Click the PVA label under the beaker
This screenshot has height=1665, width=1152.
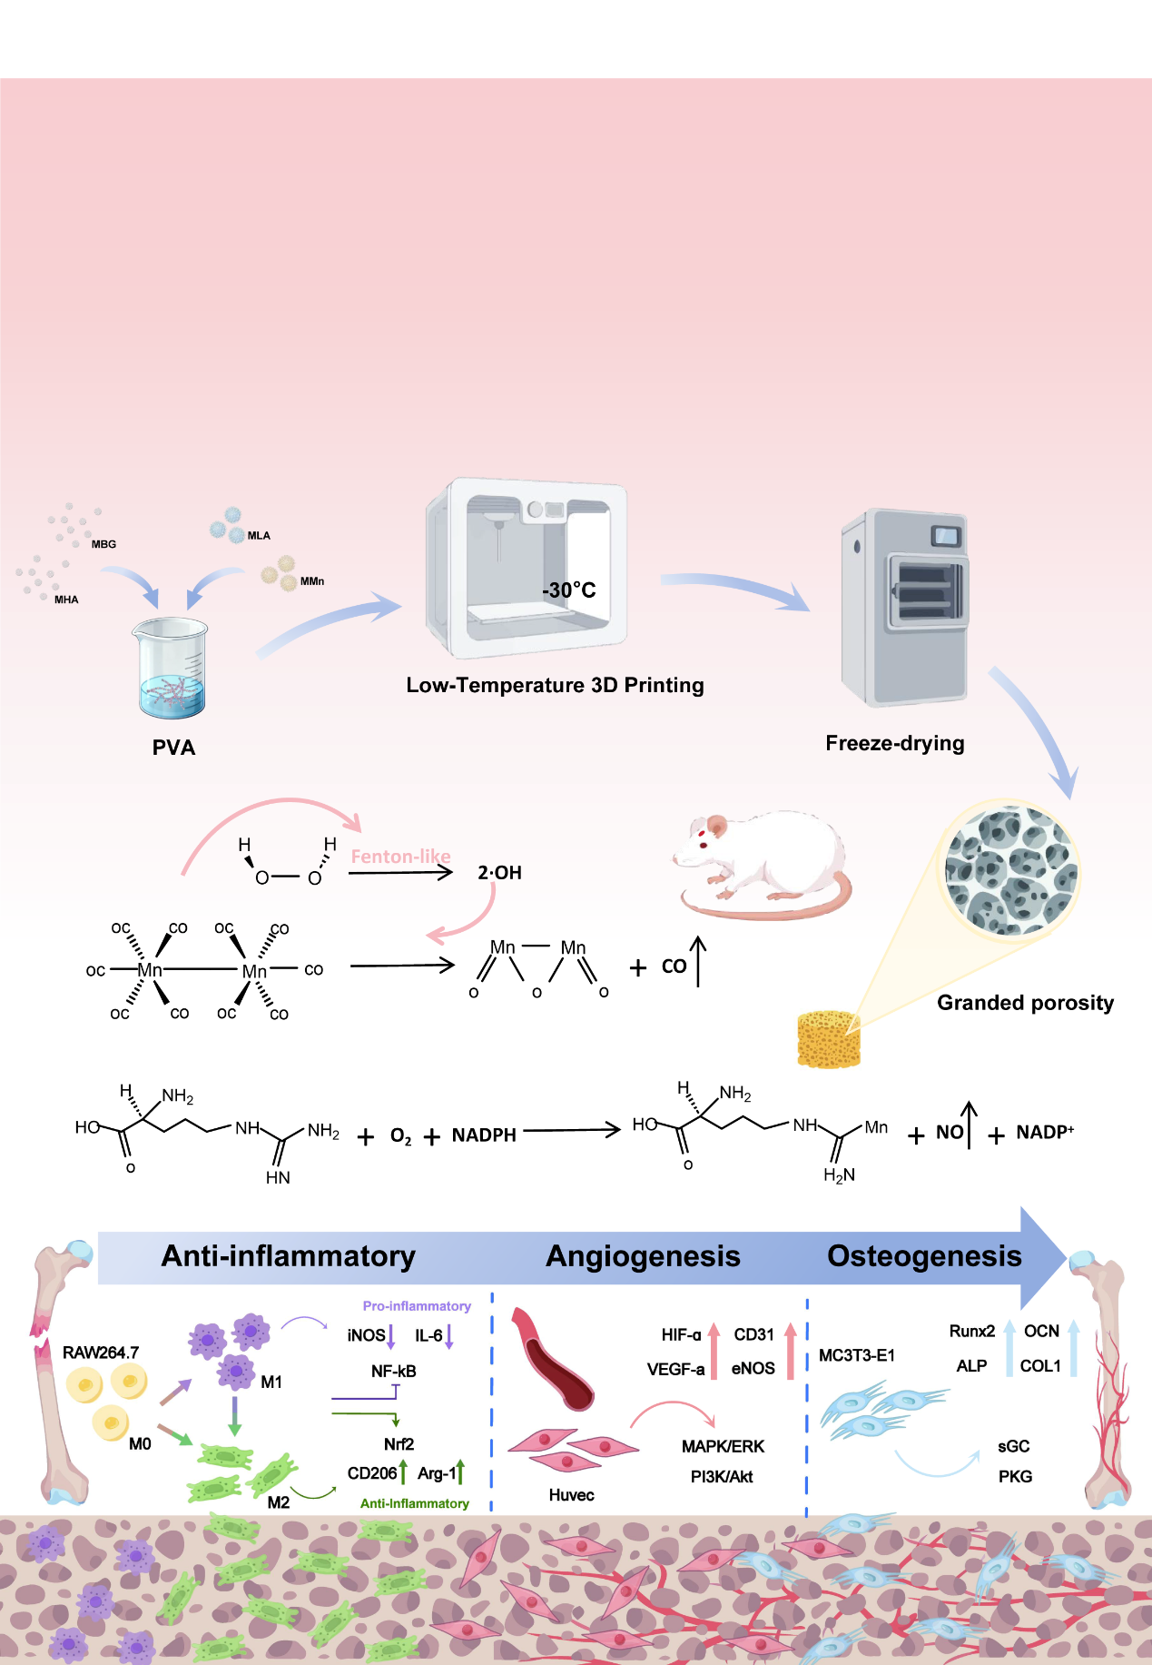coord(173,748)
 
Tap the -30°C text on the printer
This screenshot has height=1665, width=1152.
coord(569,590)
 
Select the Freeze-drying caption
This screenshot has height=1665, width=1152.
coord(894,743)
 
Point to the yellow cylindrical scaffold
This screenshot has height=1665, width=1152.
coord(828,1039)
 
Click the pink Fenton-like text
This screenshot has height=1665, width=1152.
coord(400,857)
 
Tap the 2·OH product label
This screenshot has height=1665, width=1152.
coord(499,873)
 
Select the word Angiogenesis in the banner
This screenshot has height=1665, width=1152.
coord(643,1256)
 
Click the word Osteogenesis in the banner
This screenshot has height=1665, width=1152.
coord(924,1256)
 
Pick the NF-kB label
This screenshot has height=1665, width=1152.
coord(393,1371)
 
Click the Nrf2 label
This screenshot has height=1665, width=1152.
coord(399,1444)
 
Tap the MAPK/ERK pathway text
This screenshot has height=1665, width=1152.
coord(723,1446)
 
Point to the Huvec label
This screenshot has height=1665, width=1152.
coord(571,1495)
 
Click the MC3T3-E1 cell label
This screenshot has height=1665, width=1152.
coord(856,1355)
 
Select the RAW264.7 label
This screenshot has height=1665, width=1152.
coord(100,1353)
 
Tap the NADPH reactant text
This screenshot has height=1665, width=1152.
coord(484,1135)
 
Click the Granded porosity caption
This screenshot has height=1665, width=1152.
coord(1025,1003)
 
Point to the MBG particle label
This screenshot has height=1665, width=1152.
coord(103,544)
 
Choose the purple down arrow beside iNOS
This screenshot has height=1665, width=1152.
coord(391,1336)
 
